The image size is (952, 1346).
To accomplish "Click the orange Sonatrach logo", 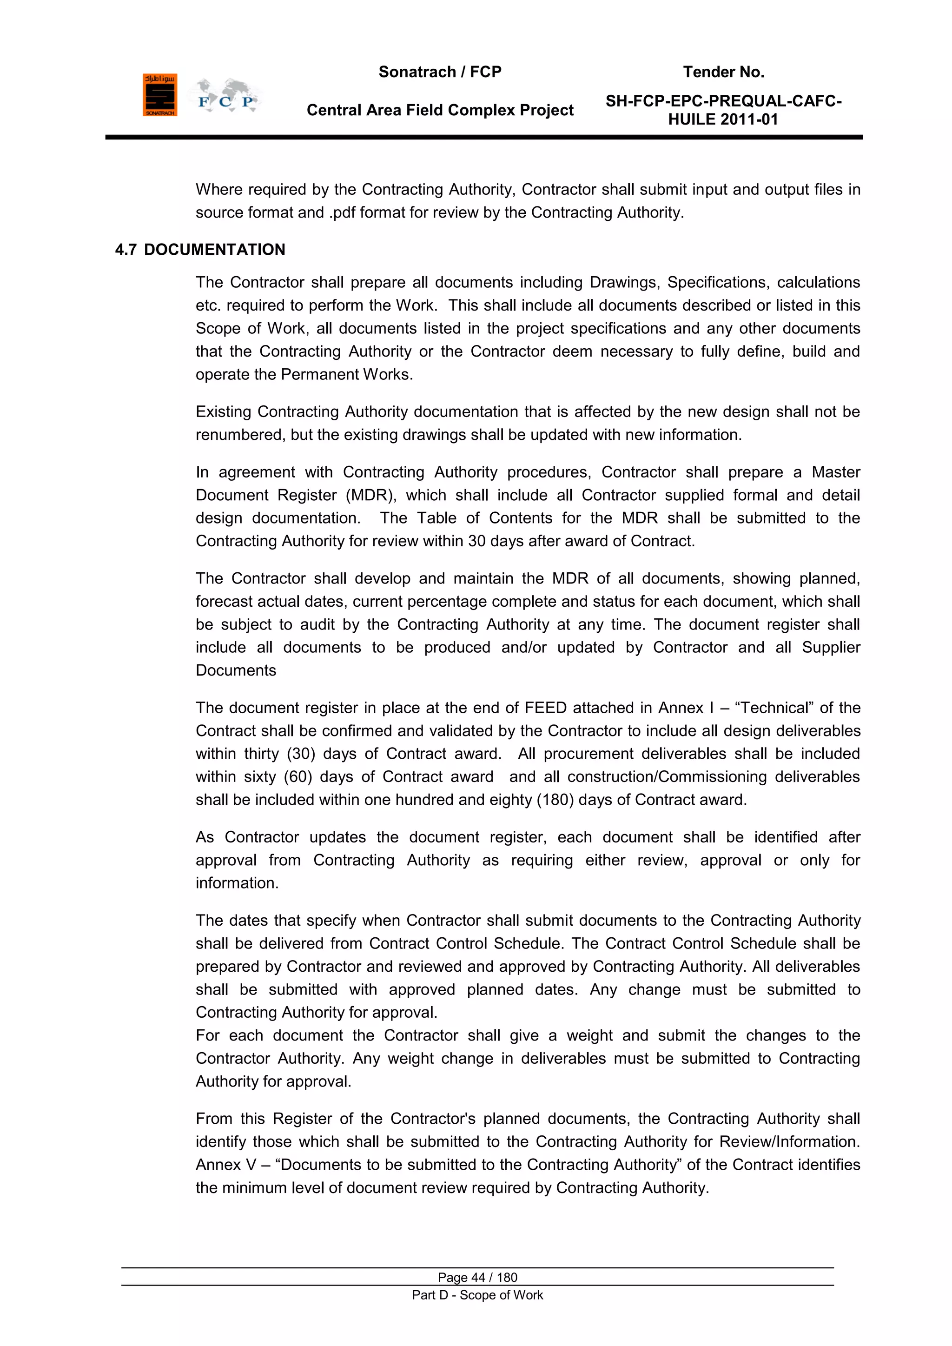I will tap(159, 95).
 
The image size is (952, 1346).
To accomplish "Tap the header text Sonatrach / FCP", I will tap(440, 72).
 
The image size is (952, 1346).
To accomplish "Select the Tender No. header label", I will tap(723, 72).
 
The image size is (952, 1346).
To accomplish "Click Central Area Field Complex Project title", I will tap(440, 110).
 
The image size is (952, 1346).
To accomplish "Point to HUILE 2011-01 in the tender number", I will tap(723, 119).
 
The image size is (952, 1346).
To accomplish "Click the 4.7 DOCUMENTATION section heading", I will tap(200, 250).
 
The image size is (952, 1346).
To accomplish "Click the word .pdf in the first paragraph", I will tap(342, 213).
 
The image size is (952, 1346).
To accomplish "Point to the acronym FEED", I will tap(545, 708).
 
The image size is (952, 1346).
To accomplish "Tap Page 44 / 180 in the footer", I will tap(477, 1277).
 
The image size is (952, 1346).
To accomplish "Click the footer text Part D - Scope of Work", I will tap(477, 1295).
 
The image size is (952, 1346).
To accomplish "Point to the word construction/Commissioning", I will tap(667, 777).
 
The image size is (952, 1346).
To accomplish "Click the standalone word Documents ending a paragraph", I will tap(236, 670).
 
